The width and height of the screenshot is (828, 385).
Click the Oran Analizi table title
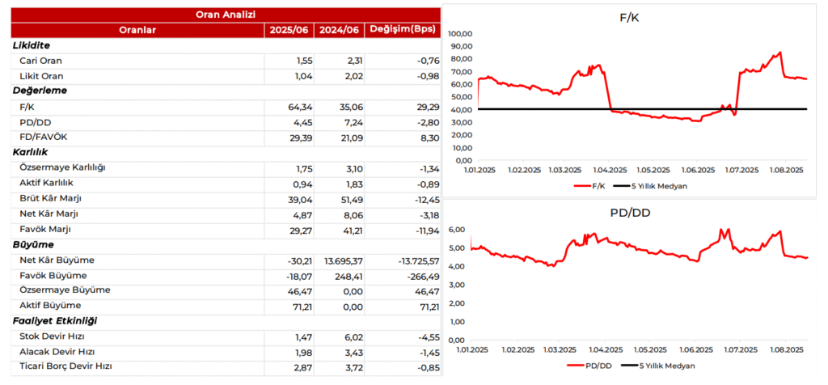coord(226,14)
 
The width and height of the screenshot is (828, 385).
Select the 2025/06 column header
coord(289,30)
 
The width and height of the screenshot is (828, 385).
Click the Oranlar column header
coord(137,30)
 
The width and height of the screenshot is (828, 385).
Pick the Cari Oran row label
coord(40,61)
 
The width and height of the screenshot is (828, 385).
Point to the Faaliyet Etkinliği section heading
coord(54,321)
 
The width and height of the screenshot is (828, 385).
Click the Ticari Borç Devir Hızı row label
coord(65,366)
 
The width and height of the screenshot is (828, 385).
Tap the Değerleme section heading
coord(40,91)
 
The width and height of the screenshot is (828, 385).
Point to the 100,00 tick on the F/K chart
coord(458,34)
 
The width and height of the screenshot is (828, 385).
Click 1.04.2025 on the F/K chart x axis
coord(610,170)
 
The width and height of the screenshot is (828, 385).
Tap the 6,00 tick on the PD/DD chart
coord(457,230)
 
